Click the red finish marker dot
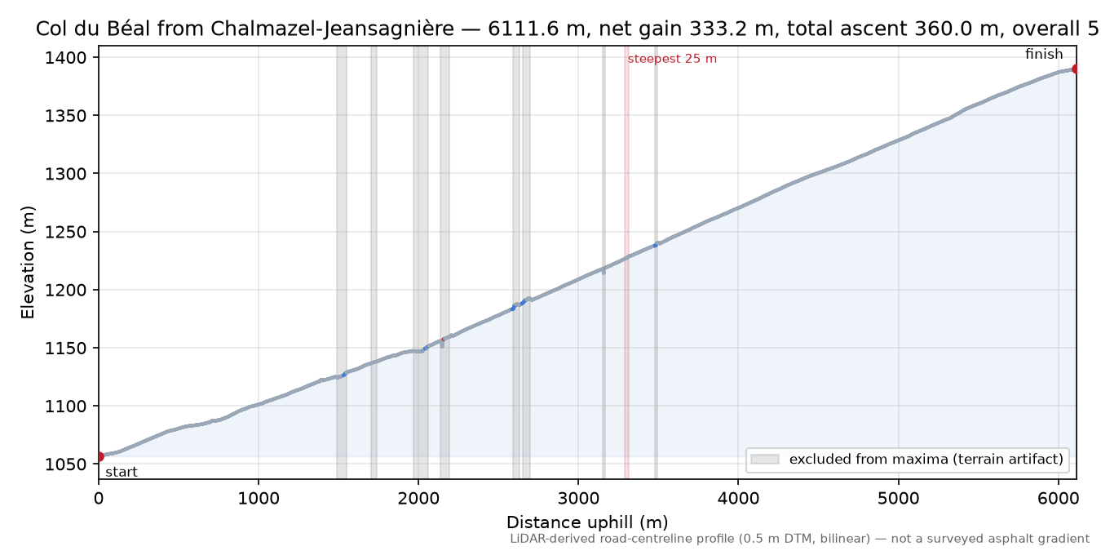(x=1076, y=69)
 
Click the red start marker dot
(x=99, y=456)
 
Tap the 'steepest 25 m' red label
(x=672, y=59)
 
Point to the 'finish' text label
(x=1044, y=54)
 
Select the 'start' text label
(x=122, y=473)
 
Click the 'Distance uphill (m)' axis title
(x=587, y=522)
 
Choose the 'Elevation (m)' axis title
(x=28, y=262)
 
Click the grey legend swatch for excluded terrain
(x=765, y=460)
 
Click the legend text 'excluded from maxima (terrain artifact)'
(x=926, y=460)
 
